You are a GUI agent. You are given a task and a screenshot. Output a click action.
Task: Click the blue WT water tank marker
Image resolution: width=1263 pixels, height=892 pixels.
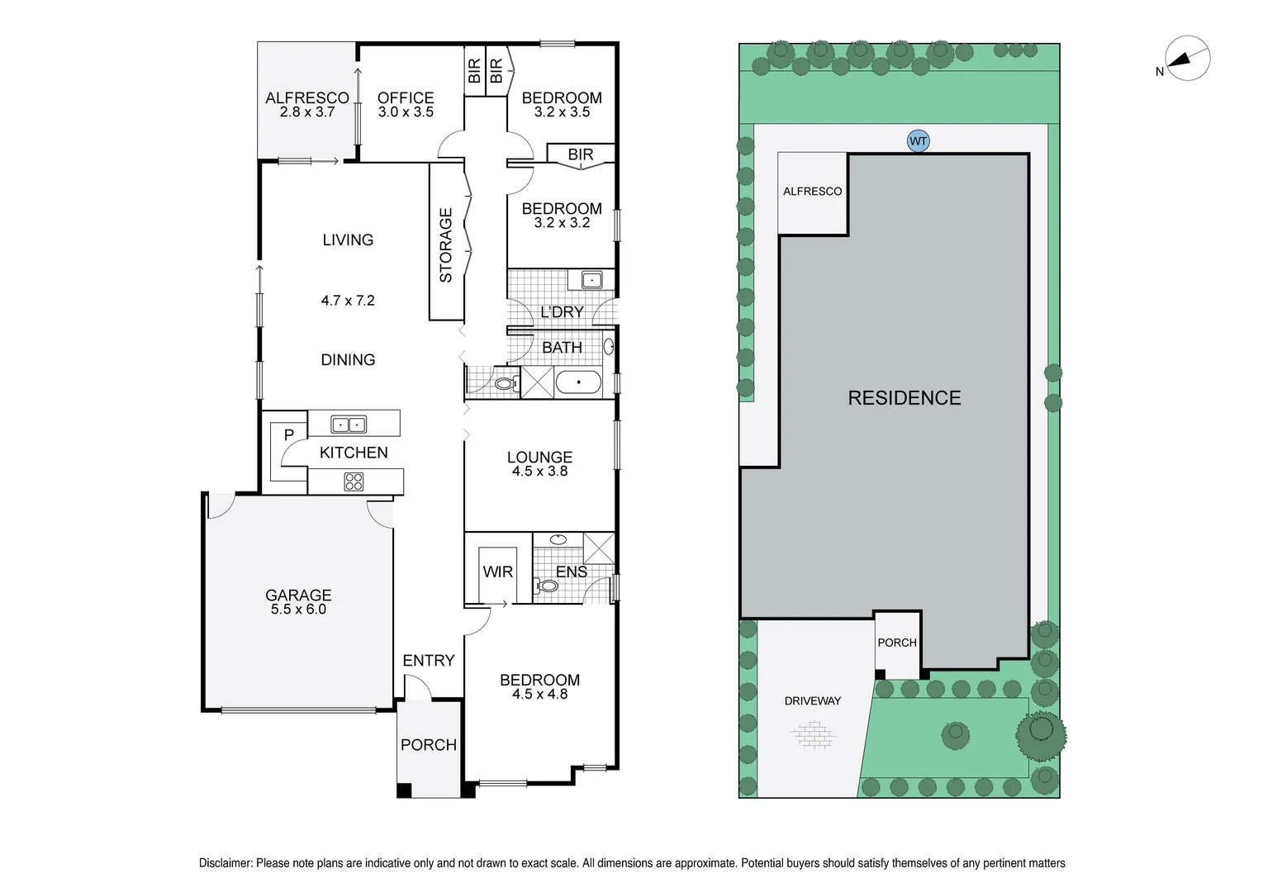pyautogui.click(x=918, y=141)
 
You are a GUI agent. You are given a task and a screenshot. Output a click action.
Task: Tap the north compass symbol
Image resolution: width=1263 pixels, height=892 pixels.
pyautogui.click(x=1187, y=59)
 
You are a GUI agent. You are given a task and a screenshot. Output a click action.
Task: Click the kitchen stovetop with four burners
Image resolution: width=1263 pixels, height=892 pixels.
pyautogui.click(x=354, y=482)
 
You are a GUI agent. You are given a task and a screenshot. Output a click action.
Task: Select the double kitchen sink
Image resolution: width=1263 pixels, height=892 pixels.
pyautogui.click(x=349, y=425)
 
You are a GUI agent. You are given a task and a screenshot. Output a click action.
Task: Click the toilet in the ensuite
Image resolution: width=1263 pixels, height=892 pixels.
pyautogui.click(x=547, y=586)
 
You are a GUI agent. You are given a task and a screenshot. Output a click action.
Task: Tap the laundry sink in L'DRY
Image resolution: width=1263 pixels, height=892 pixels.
pyautogui.click(x=592, y=280)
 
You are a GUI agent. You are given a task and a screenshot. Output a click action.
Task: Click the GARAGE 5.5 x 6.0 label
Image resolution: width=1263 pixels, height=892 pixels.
pyautogui.click(x=298, y=602)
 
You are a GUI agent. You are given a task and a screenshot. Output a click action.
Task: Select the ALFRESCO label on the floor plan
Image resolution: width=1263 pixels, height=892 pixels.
pyautogui.click(x=306, y=104)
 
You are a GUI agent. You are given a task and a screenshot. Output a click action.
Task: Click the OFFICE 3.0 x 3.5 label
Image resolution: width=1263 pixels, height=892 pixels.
pyautogui.click(x=406, y=104)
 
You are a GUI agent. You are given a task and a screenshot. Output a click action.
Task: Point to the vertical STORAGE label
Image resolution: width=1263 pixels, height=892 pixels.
pyautogui.click(x=446, y=245)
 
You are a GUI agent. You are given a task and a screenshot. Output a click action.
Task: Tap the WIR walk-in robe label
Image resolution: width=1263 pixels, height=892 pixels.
pyautogui.click(x=497, y=572)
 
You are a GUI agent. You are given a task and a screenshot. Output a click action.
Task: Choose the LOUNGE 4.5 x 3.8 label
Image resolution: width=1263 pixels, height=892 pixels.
pyautogui.click(x=539, y=463)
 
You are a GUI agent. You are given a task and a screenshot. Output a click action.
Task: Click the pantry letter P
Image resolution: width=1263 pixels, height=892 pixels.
pyautogui.click(x=288, y=434)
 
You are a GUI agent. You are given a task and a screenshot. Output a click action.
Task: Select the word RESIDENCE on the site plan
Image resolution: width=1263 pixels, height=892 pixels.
pyautogui.click(x=904, y=398)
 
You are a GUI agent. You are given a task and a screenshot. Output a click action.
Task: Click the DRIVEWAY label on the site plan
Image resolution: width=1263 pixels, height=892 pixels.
pyautogui.click(x=812, y=700)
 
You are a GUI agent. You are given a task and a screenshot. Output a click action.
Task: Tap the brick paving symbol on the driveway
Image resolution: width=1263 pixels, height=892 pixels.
pyautogui.click(x=813, y=733)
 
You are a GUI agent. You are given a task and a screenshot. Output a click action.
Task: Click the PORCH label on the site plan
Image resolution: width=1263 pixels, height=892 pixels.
pyautogui.click(x=897, y=642)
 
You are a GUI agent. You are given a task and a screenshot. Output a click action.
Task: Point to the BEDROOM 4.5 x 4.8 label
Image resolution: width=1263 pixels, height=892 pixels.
pyautogui.click(x=539, y=686)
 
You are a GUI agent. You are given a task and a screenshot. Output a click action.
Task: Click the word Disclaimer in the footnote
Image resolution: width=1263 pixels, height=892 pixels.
pyautogui.click(x=225, y=863)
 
